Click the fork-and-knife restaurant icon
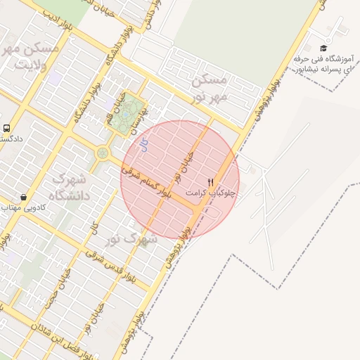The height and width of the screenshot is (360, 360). (x=210, y=181)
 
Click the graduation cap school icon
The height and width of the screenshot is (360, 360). (x=323, y=48)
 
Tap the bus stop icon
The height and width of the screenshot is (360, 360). (x=6, y=128)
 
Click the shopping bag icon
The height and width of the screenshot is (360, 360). (x=24, y=198)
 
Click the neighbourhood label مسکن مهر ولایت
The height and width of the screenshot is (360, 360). (x=32, y=56)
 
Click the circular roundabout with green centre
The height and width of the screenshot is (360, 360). (x=103, y=152)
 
